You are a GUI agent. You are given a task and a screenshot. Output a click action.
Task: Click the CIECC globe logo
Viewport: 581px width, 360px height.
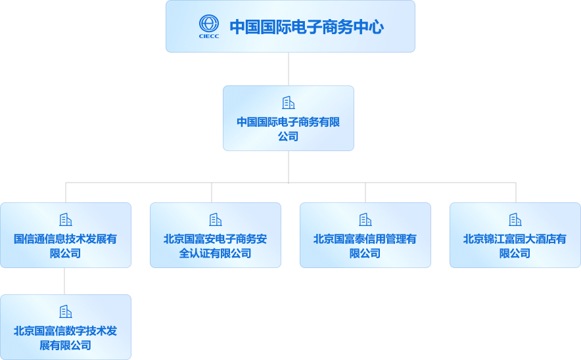point(209,24)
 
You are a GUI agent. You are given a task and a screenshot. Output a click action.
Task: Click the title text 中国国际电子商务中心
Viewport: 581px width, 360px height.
point(306,27)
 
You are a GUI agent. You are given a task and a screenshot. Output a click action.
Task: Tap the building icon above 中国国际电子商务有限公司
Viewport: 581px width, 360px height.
point(288,102)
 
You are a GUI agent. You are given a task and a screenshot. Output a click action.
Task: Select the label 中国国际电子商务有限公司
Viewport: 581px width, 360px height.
point(288,129)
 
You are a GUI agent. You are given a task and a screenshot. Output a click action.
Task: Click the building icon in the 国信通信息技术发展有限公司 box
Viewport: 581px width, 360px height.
point(66,219)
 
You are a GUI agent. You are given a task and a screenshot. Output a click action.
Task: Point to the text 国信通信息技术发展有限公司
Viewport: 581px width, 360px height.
point(66,246)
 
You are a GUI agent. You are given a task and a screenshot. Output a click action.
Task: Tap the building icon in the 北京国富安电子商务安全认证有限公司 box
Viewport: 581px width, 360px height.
point(216,219)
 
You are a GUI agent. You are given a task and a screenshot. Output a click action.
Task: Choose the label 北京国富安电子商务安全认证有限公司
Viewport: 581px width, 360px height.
point(216,246)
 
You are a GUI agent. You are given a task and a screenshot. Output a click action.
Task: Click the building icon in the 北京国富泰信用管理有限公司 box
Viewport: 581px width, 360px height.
point(365,219)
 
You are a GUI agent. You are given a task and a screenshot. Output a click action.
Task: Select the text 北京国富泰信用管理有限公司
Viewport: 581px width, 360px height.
point(365,246)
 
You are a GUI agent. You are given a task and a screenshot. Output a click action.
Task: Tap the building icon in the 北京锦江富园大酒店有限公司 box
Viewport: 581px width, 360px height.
point(515,219)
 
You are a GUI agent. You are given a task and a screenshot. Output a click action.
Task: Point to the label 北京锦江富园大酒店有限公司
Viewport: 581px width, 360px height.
point(515,246)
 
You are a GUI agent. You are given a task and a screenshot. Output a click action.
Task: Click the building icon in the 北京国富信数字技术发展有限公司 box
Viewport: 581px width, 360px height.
point(66,311)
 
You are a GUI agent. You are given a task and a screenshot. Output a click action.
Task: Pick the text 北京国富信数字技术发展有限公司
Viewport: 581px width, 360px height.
point(66,338)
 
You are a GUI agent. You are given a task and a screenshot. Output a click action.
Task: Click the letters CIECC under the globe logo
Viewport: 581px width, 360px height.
point(209,36)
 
